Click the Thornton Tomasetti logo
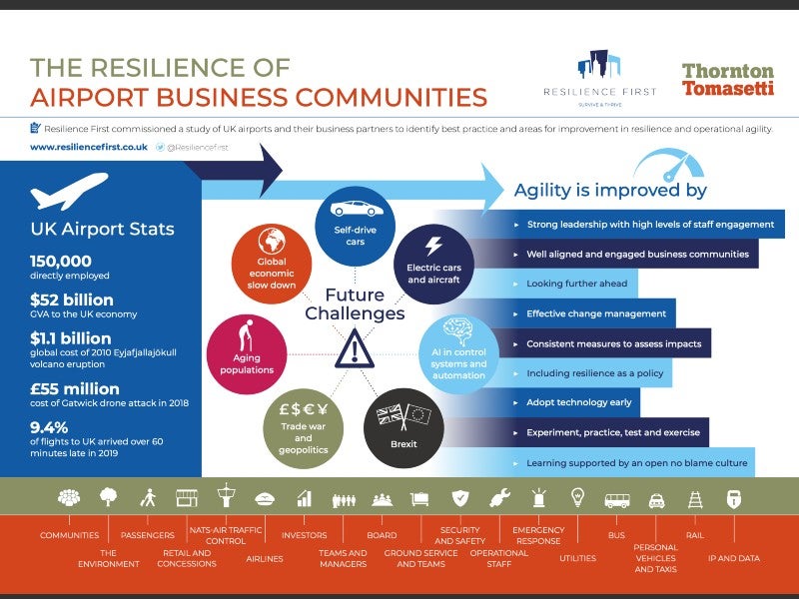(728, 80)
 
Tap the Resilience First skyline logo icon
(598, 65)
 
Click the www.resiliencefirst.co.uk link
(89, 147)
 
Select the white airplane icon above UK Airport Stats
(69, 191)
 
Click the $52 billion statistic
(72, 299)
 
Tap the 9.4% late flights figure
(49, 427)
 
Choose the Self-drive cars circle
(356, 227)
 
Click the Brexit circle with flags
(403, 428)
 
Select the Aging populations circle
(247, 354)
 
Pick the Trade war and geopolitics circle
(304, 428)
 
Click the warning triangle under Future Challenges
(355, 348)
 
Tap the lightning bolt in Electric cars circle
(433, 246)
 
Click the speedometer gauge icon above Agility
(669, 165)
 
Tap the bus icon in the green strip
(617, 501)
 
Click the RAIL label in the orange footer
(695, 535)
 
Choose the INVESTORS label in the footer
(305, 535)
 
